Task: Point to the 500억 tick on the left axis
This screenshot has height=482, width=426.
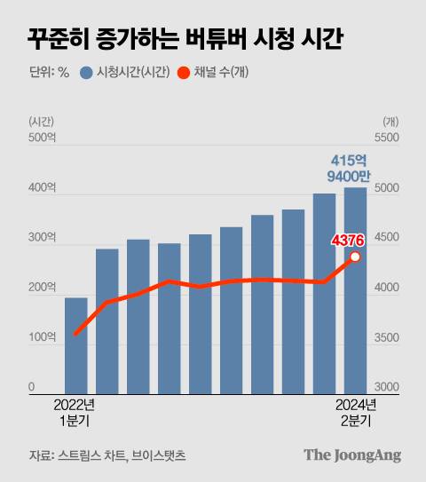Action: point(42,139)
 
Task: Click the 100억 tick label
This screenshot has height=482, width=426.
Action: point(42,337)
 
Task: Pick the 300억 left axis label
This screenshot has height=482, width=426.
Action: point(42,239)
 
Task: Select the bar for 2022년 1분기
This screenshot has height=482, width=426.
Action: point(76,346)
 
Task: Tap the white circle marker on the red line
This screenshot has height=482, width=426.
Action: point(355,257)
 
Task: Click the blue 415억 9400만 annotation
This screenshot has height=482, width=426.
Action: point(348,169)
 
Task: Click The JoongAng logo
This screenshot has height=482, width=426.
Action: point(352,454)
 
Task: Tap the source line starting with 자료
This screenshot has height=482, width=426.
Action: point(106,455)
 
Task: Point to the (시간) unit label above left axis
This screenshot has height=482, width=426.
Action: point(42,121)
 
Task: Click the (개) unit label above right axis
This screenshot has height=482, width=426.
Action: point(390,121)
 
